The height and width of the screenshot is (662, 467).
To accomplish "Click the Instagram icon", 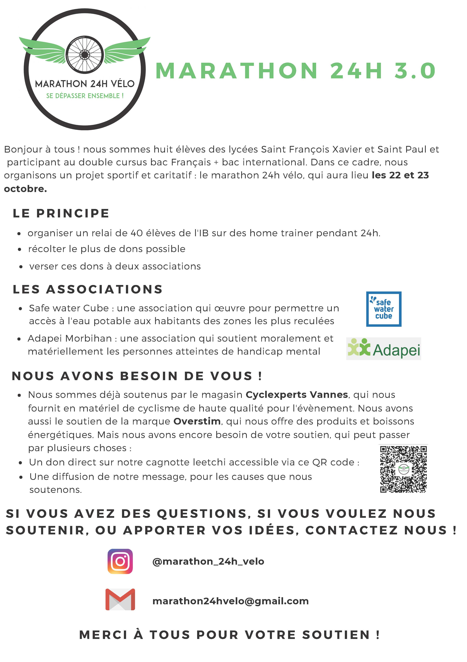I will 120,561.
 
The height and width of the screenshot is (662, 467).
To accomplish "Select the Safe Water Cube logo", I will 384,309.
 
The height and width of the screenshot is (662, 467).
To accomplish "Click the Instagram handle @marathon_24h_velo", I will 208,561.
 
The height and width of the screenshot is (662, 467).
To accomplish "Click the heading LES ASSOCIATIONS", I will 88,289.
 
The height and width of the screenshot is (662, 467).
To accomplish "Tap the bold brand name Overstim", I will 197,421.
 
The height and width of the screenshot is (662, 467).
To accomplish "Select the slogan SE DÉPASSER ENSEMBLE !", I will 85,96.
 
